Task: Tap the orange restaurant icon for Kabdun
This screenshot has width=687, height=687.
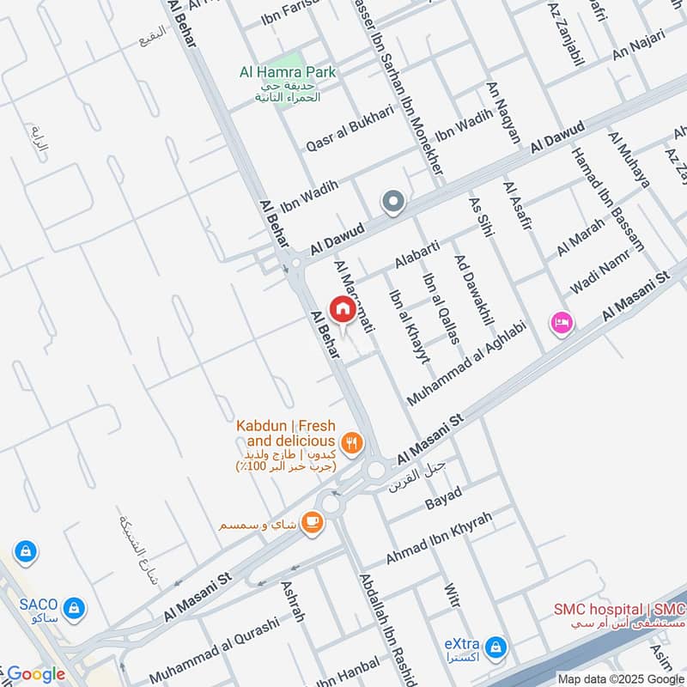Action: (x=351, y=443)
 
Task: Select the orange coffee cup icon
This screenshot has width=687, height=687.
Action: (x=312, y=523)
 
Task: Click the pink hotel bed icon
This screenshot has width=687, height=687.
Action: (x=562, y=323)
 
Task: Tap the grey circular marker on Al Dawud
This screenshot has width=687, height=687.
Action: (x=393, y=203)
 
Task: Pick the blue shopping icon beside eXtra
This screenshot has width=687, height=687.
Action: (x=495, y=647)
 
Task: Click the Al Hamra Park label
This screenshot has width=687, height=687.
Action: (x=287, y=74)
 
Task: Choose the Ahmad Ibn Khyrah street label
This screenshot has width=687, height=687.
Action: (x=439, y=538)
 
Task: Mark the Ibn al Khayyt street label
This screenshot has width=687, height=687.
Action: (x=409, y=326)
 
